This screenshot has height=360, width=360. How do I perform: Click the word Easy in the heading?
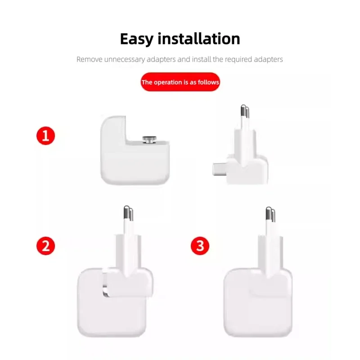139,39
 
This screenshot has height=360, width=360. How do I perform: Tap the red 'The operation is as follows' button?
180,82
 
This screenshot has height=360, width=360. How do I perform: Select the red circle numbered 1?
45,136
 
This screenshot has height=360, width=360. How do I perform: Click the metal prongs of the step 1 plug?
245,112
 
